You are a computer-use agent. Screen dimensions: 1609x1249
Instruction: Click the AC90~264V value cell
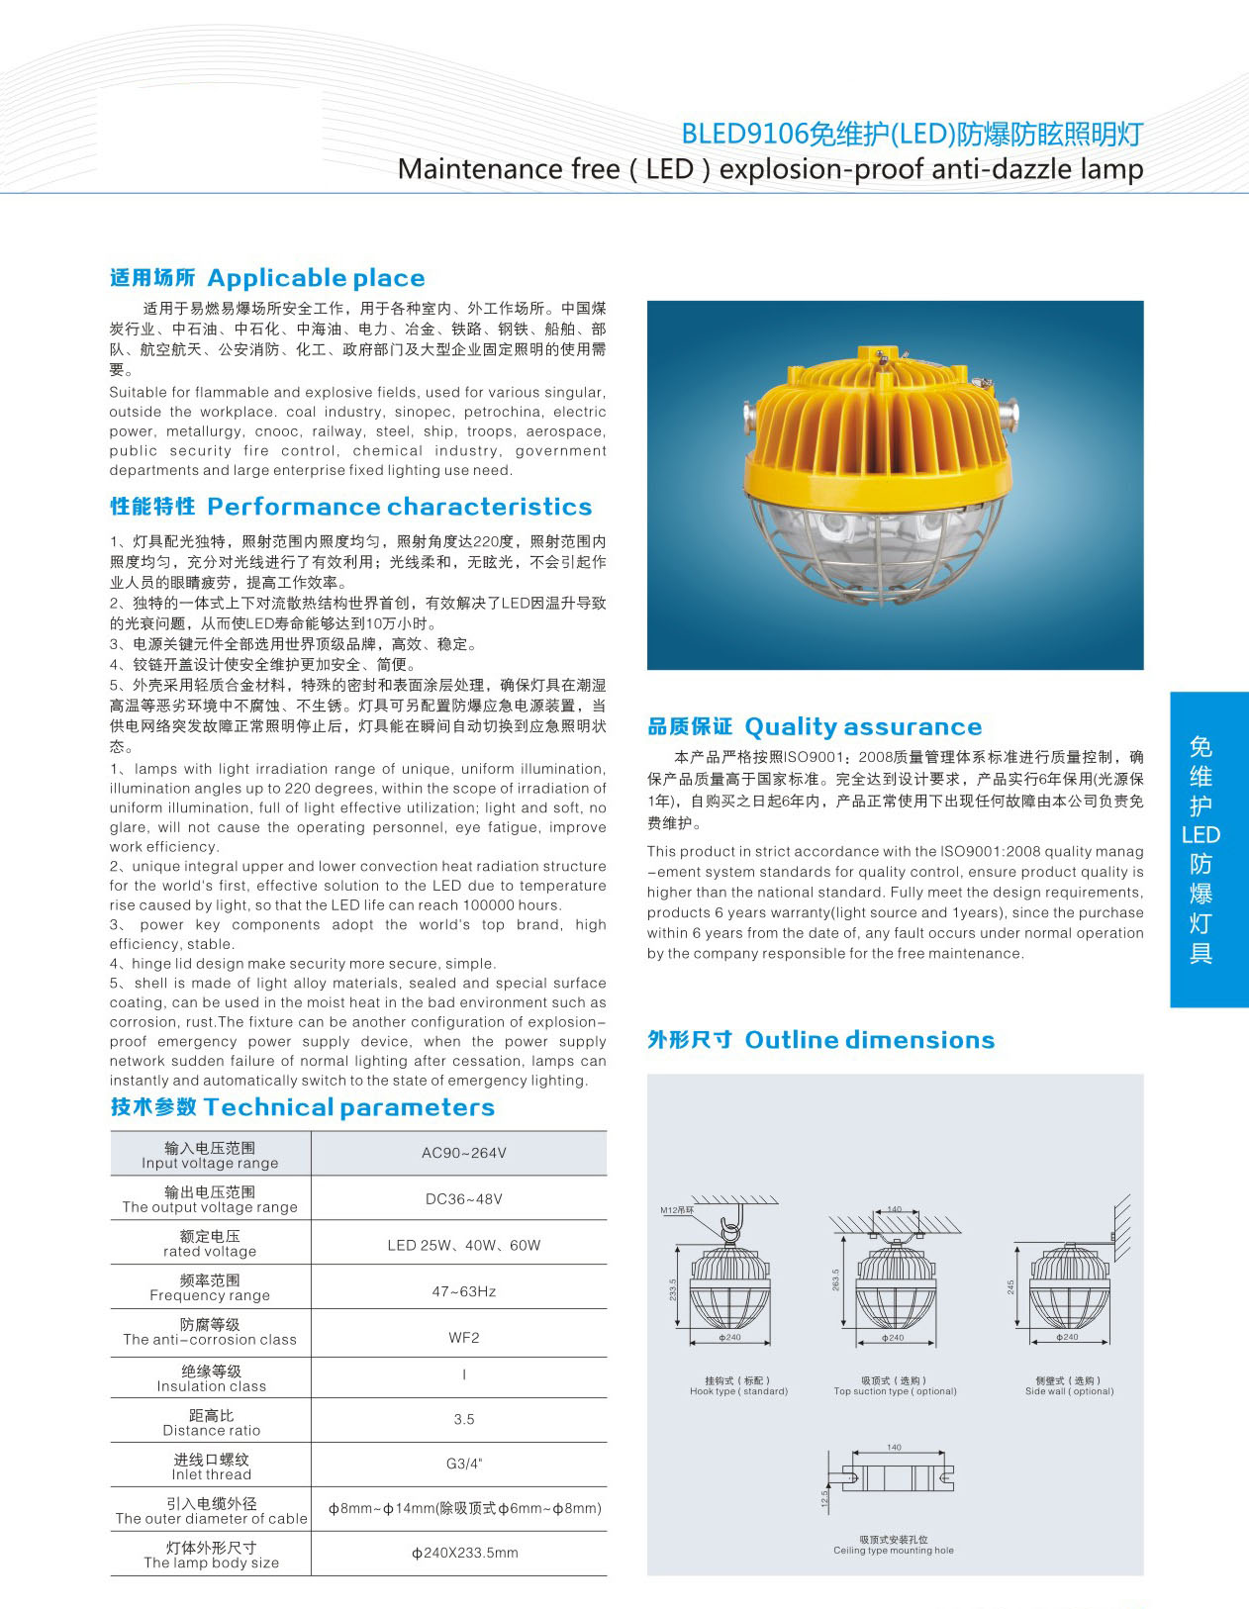(463, 1153)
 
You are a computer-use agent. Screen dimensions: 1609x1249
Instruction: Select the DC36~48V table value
(463, 1199)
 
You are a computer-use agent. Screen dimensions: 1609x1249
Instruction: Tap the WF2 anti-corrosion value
(463, 1338)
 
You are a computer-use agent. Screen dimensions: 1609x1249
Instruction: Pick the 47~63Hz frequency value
(463, 1291)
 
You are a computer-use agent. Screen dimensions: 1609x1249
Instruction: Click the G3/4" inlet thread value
(463, 1464)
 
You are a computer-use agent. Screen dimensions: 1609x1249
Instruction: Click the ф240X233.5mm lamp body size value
(464, 1553)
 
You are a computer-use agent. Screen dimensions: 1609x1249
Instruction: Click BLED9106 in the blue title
(744, 134)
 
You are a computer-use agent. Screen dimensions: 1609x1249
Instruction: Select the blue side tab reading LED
(1201, 835)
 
